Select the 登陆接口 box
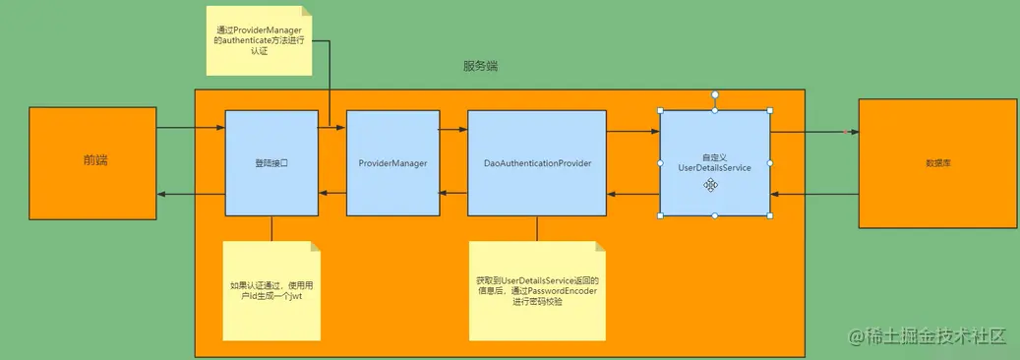(x=271, y=162)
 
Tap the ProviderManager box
(x=392, y=162)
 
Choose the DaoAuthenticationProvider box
(x=537, y=162)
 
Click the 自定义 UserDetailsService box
(x=715, y=162)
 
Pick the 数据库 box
(x=937, y=162)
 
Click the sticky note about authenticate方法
(x=259, y=41)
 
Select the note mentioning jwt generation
(x=271, y=290)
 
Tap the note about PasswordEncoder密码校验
(x=537, y=290)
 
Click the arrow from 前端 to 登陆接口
(x=191, y=128)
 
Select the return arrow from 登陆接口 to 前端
(x=191, y=195)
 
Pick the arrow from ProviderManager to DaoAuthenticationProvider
(x=452, y=128)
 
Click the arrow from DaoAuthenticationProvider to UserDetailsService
(x=632, y=131)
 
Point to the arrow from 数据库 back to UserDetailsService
(x=814, y=195)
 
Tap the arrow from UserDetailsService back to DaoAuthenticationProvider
(x=632, y=195)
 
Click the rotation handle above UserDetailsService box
(x=715, y=94)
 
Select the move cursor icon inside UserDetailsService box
(x=709, y=184)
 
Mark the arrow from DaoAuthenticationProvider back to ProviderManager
(x=452, y=195)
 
